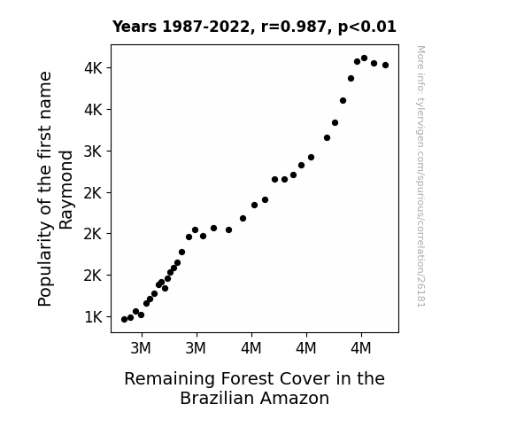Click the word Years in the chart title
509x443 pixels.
135,27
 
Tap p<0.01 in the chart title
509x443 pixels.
367,27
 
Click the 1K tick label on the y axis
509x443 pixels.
94,317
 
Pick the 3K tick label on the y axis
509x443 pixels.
93,152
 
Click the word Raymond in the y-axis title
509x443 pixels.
66,190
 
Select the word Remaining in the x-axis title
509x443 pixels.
169,379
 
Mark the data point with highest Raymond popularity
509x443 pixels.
364,58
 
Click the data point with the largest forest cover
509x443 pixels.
385,66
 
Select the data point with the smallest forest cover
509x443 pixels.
124,320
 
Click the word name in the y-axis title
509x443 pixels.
45,86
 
